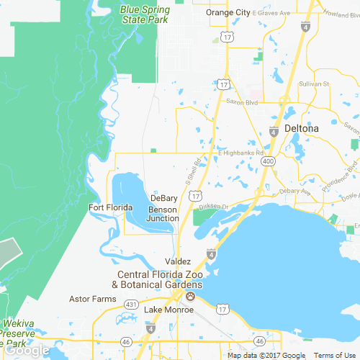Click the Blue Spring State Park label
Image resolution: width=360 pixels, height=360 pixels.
[x=145, y=15]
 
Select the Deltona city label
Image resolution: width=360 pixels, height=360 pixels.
[x=301, y=128]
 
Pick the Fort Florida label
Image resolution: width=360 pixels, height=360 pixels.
[x=110, y=208]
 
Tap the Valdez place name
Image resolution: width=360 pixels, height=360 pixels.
[x=178, y=260]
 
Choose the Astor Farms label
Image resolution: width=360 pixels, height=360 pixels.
[x=92, y=298]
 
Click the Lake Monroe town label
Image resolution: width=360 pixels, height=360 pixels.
[x=168, y=310]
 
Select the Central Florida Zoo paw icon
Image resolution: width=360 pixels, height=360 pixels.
[x=190, y=296]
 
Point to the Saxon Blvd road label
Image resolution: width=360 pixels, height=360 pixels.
[x=242, y=103]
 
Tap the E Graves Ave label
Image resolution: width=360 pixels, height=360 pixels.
[x=269, y=12]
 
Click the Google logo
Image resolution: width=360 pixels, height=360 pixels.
[x=25, y=351]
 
